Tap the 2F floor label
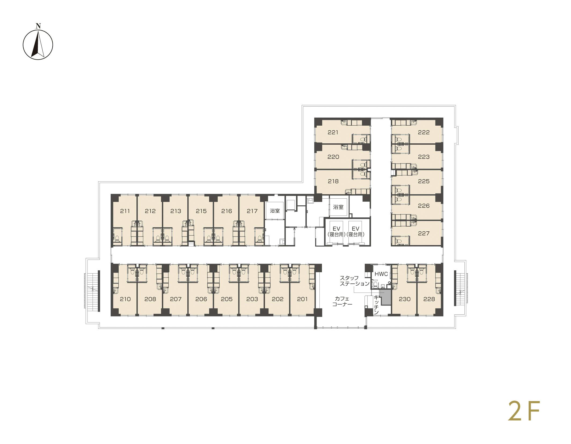coord(524,419)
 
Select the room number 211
coord(125,211)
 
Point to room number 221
coord(333,132)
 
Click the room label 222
coord(424,132)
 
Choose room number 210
coord(125,299)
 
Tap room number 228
coord(429,299)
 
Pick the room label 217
coord(252,211)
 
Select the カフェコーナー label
coord(342,301)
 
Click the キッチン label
coord(376,305)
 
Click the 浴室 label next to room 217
coord(275,211)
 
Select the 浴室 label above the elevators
coord(338,207)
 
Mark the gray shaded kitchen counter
coord(385,297)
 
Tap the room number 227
coord(424,234)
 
